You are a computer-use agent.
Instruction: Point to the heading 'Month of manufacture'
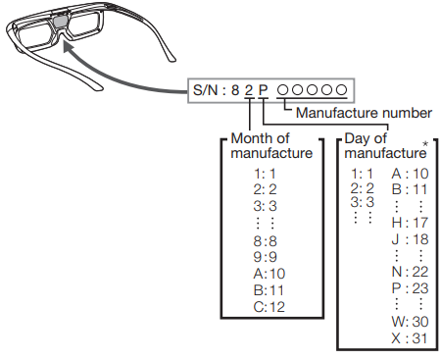(x=271, y=146)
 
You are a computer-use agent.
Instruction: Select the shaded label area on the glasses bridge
(x=60, y=20)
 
